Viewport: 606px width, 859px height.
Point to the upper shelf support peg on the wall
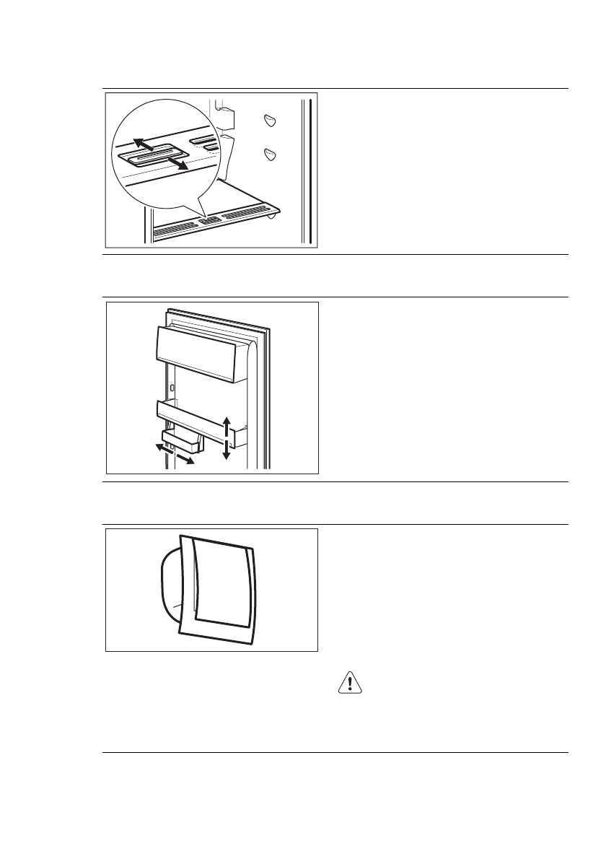(270, 121)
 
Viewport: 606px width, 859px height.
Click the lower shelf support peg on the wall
(270, 153)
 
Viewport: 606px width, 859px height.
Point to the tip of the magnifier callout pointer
(206, 216)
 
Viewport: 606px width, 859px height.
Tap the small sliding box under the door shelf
(182, 441)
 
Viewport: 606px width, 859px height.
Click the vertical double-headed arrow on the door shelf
(227, 437)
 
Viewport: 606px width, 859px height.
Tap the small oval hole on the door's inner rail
(172, 388)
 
